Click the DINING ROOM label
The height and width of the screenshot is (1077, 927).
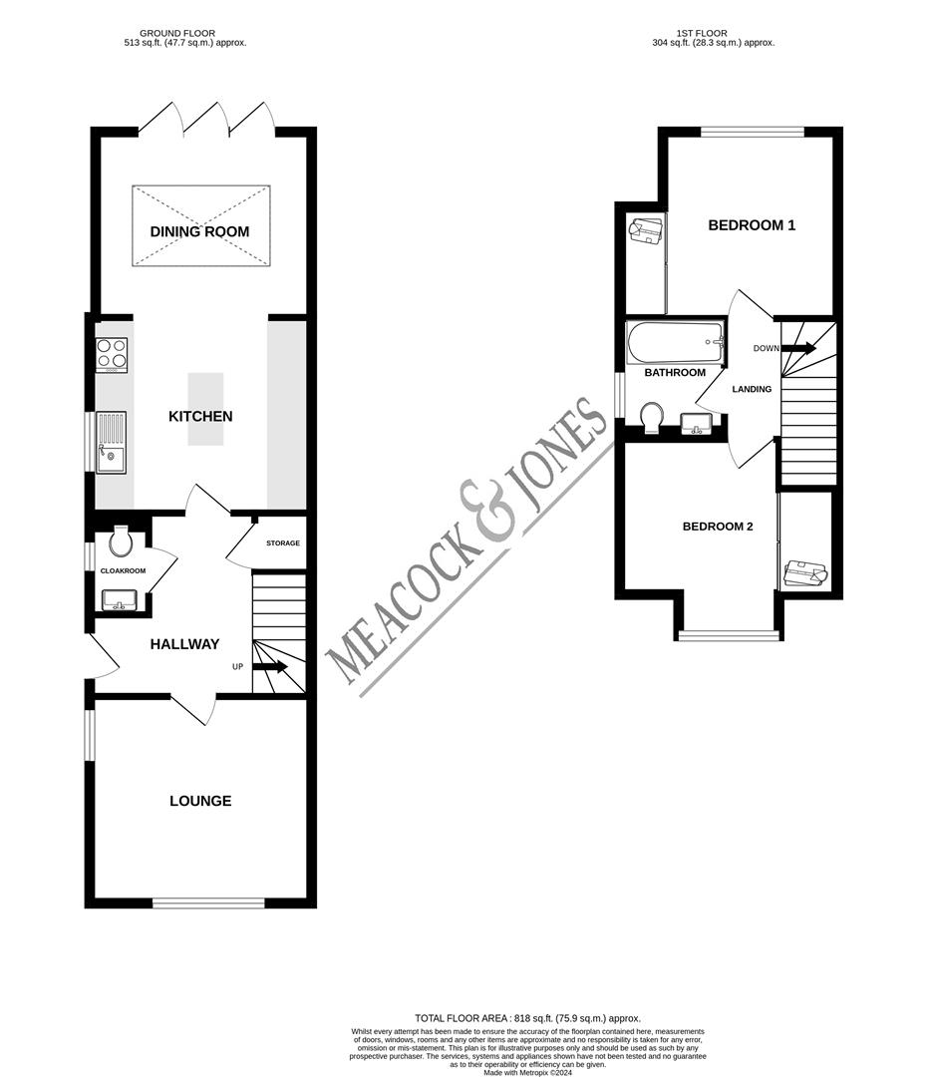199,232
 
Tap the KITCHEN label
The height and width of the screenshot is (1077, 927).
199,416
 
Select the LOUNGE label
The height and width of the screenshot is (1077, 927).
199,801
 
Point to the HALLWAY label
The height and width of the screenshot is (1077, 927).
184,644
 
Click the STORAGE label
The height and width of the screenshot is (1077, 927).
282,543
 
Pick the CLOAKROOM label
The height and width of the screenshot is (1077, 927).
123,571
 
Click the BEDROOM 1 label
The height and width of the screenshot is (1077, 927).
752,225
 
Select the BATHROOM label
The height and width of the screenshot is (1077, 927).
675,373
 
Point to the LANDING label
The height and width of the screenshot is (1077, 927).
752,389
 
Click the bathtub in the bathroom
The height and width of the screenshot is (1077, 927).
674,342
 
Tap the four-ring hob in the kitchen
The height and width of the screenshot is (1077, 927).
111,354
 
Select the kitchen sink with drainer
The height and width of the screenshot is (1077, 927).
111,442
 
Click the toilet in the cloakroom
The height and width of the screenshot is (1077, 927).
121,541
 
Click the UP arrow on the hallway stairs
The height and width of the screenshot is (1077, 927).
270,666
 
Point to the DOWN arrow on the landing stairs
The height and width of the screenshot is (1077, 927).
799,348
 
